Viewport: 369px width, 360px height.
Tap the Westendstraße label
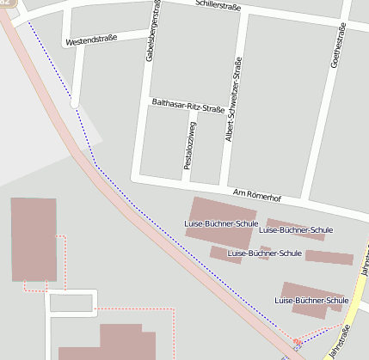click(90, 40)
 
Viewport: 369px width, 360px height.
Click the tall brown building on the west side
click(34, 239)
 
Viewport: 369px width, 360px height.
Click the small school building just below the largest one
click(225, 254)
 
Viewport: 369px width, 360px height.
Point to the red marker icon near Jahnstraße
click(298, 343)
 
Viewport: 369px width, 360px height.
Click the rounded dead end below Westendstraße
click(75, 102)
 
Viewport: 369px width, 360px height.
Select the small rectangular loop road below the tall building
click(71, 302)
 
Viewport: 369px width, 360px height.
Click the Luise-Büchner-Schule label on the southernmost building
click(311, 301)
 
